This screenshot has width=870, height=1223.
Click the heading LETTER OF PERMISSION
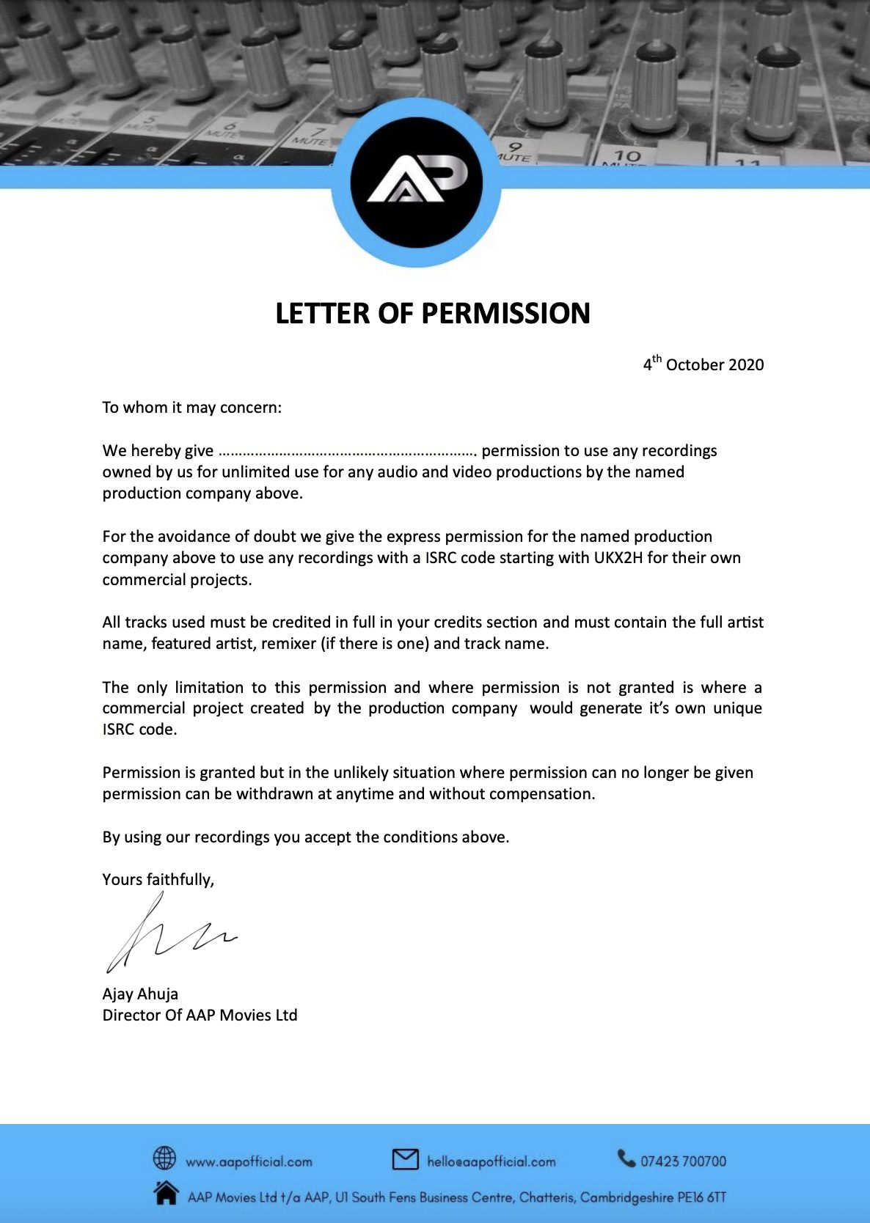coord(433,314)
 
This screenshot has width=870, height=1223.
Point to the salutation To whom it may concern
coord(191,408)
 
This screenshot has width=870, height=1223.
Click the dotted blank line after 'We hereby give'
coord(348,452)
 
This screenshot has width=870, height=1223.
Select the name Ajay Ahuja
coord(140,994)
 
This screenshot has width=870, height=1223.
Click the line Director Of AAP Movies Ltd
coord(200,1016)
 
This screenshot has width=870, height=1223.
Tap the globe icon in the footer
coord(164,1158)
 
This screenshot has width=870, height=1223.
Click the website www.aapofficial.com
coord(249,1162)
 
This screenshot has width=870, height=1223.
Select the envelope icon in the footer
coord(405,1159)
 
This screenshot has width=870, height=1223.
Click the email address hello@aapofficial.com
coord(491,1162)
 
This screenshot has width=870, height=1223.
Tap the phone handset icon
coord(626,1158)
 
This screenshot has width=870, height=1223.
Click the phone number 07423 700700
coord(683,1161)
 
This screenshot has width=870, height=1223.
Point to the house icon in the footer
coord(167,1193)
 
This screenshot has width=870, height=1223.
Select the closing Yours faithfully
coord(158,880)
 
